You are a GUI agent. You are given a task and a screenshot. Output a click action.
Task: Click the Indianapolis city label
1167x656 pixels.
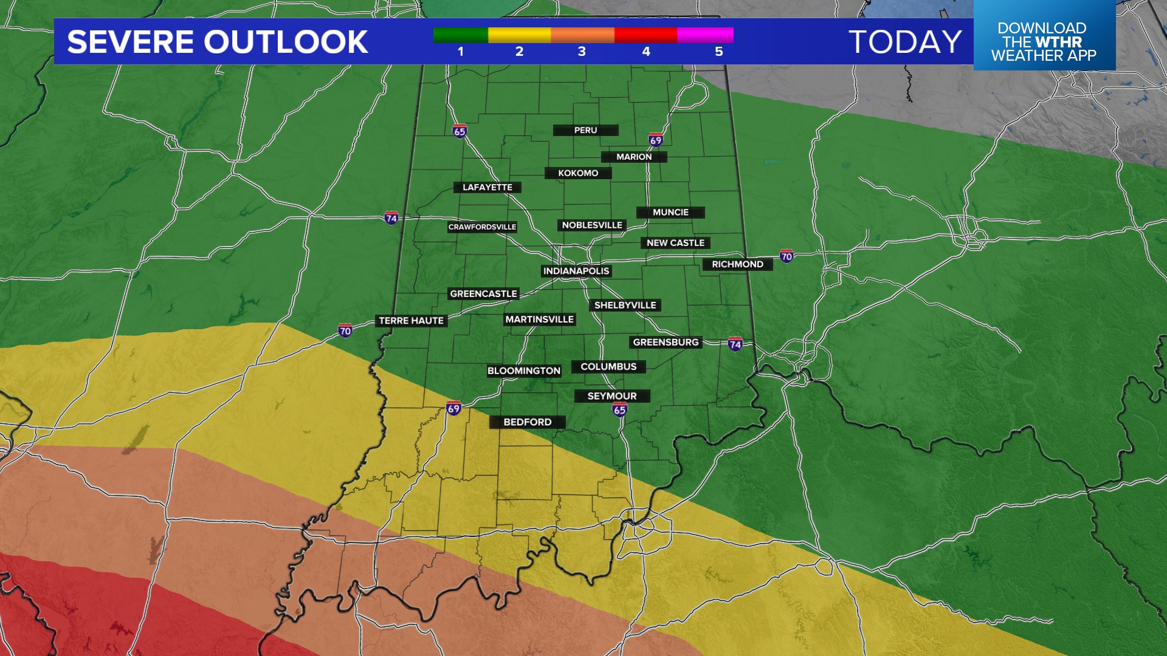576,271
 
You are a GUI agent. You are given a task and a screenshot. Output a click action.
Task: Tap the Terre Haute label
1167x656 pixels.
411,321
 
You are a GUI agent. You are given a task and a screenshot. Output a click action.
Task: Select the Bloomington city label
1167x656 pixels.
523,371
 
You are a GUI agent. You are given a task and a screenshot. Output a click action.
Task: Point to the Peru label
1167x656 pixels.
585,130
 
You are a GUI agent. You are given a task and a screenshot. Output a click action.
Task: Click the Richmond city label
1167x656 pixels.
737,264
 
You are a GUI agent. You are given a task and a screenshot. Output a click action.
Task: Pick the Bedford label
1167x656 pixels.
527,422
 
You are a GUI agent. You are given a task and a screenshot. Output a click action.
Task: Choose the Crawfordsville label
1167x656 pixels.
482,227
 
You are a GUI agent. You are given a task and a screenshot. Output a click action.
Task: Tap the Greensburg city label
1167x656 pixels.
666,343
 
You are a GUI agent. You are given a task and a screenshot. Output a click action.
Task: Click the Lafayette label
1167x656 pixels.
487,187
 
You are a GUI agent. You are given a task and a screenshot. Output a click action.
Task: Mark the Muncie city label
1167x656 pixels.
670,212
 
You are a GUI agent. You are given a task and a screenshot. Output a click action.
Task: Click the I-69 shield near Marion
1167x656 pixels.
655,140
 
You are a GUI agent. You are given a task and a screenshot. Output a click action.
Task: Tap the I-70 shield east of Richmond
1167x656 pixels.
787,256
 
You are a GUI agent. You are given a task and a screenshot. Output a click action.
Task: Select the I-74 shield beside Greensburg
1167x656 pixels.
735,344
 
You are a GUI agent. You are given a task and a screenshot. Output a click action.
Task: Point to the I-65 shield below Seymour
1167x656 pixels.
619,409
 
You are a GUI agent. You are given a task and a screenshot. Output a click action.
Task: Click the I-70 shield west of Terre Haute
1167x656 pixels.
345,330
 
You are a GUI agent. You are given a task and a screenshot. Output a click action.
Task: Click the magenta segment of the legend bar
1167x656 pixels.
705,35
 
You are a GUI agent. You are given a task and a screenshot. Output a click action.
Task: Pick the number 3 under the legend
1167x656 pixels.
582,52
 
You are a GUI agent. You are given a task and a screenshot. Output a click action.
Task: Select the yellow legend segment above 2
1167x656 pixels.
519,35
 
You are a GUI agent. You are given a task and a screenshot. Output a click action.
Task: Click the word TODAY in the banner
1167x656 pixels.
905,42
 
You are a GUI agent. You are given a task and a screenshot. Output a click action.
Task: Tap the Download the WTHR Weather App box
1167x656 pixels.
1044,41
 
